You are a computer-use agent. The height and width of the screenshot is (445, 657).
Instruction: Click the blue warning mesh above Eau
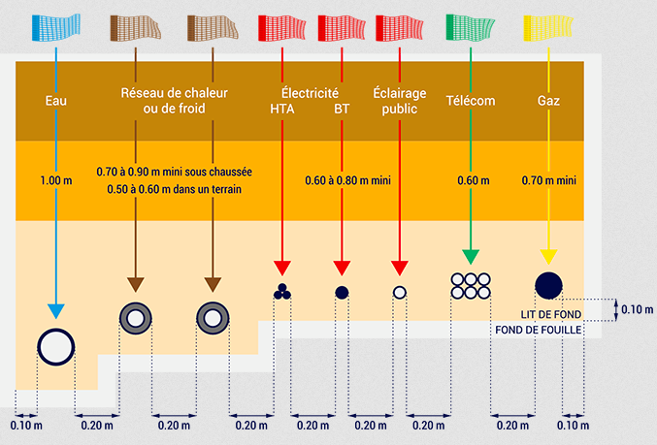[55, 27]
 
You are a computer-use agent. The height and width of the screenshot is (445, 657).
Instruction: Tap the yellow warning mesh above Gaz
[548, 28]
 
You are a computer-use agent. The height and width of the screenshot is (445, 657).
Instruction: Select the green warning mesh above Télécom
[470, 27]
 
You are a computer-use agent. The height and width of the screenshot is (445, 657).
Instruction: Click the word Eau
[56, 101]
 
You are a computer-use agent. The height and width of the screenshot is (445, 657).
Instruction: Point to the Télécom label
[471, 101]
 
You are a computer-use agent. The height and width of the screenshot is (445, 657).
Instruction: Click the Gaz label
[548, 101]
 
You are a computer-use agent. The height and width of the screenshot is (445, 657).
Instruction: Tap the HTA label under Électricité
[282, 109]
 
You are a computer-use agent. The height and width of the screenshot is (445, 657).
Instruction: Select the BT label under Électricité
[342, 109]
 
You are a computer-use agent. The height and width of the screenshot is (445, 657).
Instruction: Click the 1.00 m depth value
[56, 180]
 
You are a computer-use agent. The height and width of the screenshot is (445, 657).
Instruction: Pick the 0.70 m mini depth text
[549, 180]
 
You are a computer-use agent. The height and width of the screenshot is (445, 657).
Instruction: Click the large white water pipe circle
[56, 347]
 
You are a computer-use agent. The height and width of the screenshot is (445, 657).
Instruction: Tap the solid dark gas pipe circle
[548, 285]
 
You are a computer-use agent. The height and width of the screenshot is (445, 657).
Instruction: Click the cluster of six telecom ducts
[471, 286]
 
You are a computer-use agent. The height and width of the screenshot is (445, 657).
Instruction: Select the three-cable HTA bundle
[282, 292]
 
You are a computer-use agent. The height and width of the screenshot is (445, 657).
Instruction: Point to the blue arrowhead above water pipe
[56, 311]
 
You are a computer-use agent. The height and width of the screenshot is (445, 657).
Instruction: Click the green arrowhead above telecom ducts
[471, 257]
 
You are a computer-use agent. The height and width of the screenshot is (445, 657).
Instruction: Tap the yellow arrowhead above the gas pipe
[548, 257]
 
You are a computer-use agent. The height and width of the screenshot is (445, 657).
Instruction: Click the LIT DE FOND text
[551, 314]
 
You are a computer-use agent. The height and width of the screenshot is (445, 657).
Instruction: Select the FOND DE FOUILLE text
[539, 330]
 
